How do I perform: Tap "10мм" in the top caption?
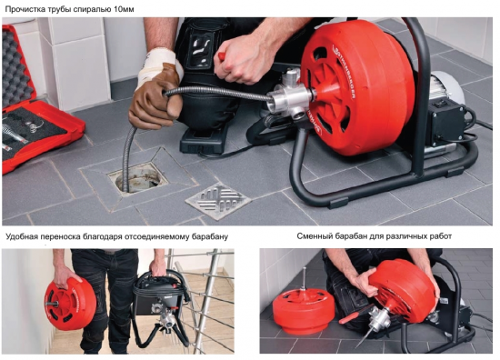[x=124, y=10]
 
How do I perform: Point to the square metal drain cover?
[x=218, y=200]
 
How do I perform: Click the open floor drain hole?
[x=138, y=179]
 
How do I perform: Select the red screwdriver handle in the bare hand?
[x=221, y=56]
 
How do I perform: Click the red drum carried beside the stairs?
[x=69, y=304]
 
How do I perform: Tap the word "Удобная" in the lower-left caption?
[x=22, y=237]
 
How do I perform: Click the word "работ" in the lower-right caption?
[x=441, y=236]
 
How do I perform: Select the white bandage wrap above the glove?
[x=158, y=63]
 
